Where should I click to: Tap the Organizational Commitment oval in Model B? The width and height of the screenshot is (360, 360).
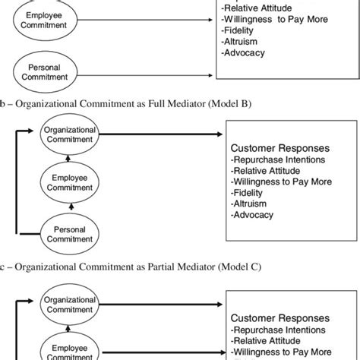pos(70,135)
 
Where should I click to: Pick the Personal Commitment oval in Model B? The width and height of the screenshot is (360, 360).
pos(70,232)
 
